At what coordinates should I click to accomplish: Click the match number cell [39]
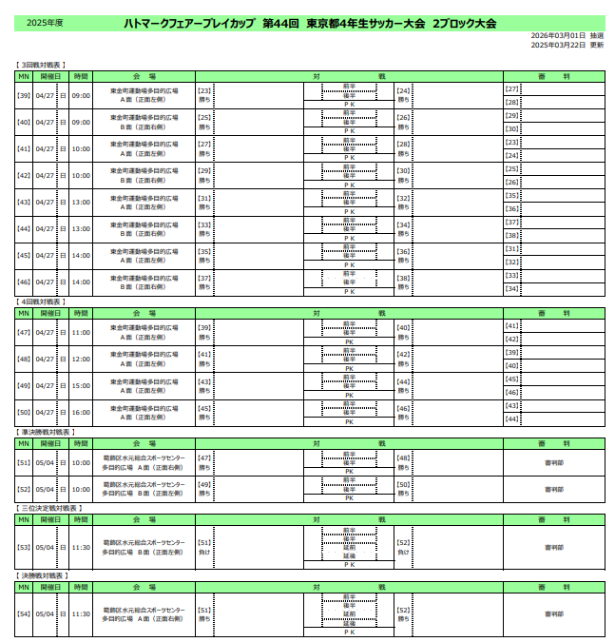point(25,95)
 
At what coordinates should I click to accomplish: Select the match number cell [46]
point(25,282)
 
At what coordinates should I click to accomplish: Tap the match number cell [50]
point(25,412)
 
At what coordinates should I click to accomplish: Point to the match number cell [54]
point(25,613)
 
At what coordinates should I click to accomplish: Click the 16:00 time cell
point(81,412)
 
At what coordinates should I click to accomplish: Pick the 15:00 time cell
point(81,385)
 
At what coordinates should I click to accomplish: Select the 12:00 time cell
point(81,359)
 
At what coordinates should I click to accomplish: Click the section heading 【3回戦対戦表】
point(41,64)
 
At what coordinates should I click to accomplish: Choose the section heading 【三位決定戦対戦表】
point(48,509)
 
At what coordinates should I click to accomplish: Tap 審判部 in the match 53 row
point(553,547)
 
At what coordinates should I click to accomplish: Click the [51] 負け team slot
point(204,547)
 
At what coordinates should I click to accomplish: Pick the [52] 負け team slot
point(403,547)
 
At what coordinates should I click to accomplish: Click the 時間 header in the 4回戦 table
point(81,313)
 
